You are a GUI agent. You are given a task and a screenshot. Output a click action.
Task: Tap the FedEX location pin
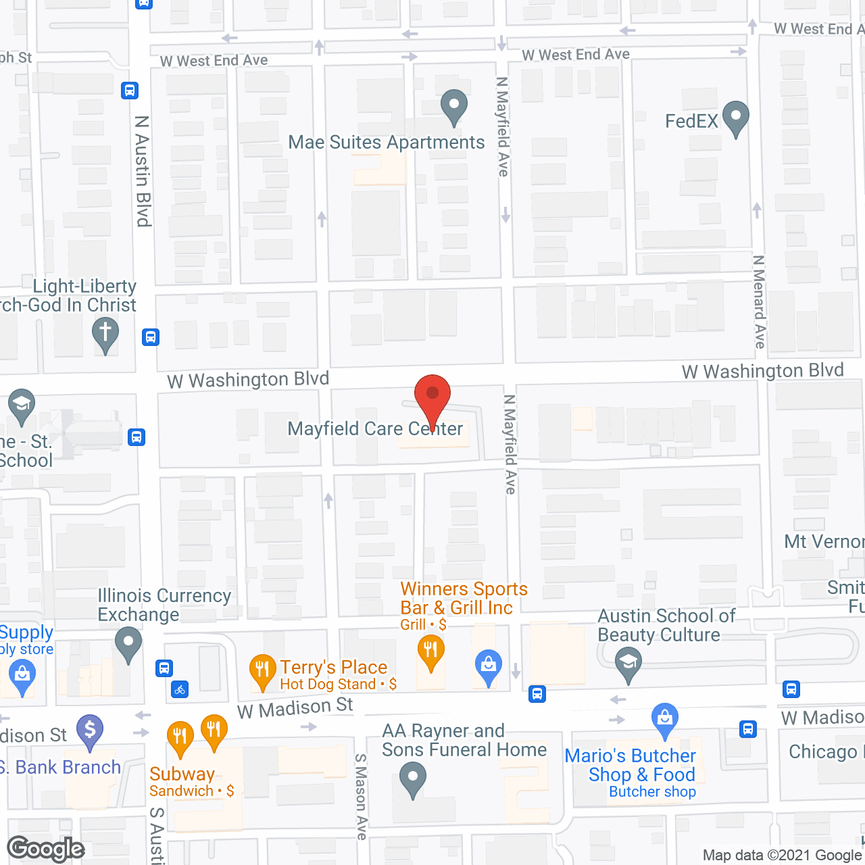(x=735, y=118)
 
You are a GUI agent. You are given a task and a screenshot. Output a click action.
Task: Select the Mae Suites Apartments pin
(x=454, y=107)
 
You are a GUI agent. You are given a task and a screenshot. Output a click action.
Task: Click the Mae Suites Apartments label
(x=386, y=143)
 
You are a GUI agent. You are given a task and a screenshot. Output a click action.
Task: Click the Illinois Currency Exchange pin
(x=128, y=644)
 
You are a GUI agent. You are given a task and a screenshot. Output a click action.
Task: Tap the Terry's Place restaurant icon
(x=262, y=671)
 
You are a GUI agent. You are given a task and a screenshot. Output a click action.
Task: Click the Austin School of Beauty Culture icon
(x=628, y=664)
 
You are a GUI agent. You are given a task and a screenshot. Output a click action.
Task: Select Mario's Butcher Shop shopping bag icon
(x=664, y=720)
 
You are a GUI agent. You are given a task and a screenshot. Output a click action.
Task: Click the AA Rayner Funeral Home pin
(x=412, y=779)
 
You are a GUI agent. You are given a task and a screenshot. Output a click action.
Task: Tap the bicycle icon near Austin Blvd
(x=180, y=690)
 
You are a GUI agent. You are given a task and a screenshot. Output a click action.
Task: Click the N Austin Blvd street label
(x=142, y=170)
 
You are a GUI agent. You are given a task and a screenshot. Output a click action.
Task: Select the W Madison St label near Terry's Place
(x=295, y=708)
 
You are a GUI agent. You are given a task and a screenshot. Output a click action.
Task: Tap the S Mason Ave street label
(x=361, y=797)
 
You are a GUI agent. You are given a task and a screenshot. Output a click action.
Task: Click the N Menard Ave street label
(x=759, y=302)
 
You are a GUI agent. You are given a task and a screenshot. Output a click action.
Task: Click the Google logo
(x=46, y=849)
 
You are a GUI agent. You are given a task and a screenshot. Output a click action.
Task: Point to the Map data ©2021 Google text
(x=783, y=856)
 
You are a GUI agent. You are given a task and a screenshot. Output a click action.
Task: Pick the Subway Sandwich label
(x=182, y=774)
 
